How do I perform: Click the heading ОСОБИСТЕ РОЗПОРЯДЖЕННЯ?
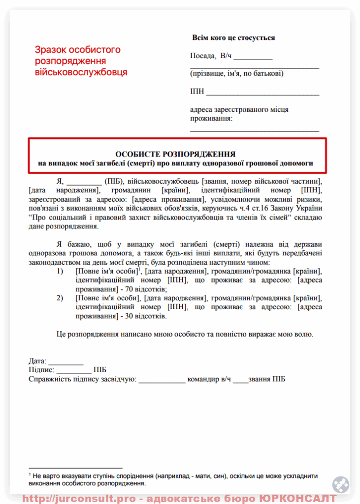(x=175, y=154)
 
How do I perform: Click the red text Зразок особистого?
(x=77, y=50)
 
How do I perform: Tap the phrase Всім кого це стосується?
(x=233, y=37)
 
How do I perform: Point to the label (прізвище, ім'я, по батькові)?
(x=236, y=73)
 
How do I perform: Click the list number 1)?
(x=60, y=271)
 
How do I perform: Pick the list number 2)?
(x=60, y=298)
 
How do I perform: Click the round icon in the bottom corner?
(x=340, y=485)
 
